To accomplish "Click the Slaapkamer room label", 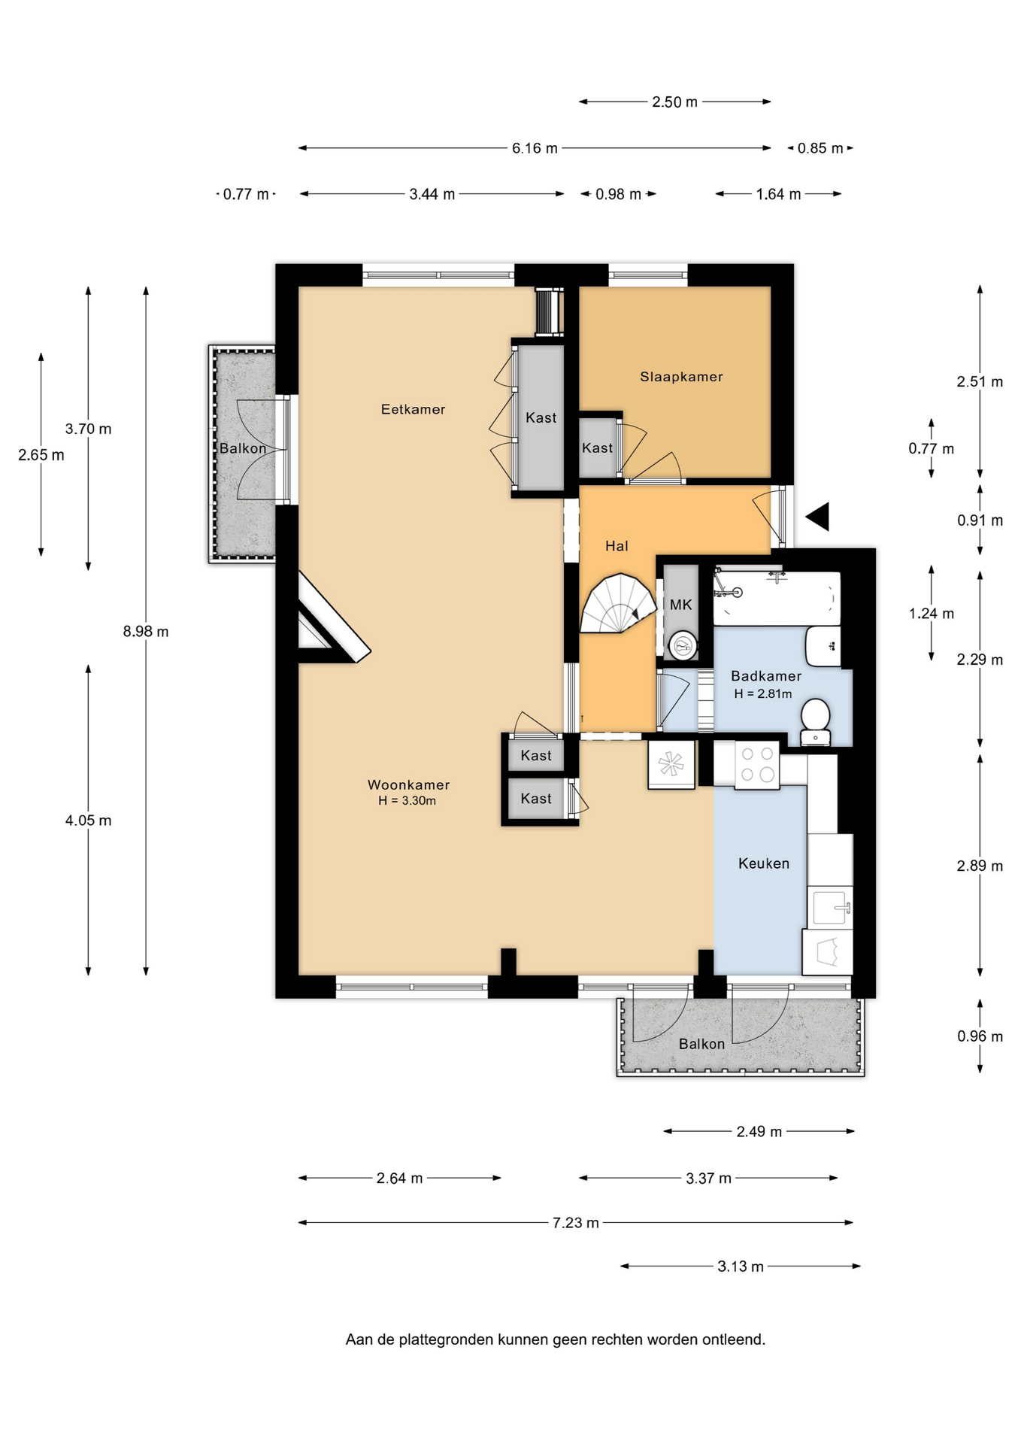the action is (681, 377).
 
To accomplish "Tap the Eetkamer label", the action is (413, 409).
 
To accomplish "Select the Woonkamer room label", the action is (408, 784).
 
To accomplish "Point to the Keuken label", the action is (764, 863).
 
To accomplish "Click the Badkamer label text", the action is (766, 676).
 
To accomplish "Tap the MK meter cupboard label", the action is (680, 605).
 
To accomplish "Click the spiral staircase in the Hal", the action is (618, 604).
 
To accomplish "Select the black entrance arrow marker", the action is (817, 517).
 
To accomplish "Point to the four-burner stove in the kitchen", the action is (757, 765).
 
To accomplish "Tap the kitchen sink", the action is (832, 907).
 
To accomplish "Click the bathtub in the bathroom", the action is (777, 599).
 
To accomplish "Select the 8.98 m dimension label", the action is (146, 632).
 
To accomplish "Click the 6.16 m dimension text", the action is (535, 148).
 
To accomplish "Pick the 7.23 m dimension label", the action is (576, 1223).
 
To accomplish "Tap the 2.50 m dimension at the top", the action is (674, 102).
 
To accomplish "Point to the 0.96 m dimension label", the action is (980, 1036).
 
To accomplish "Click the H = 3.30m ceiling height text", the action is (407, 801).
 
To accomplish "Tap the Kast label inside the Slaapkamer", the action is (597, 448).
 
